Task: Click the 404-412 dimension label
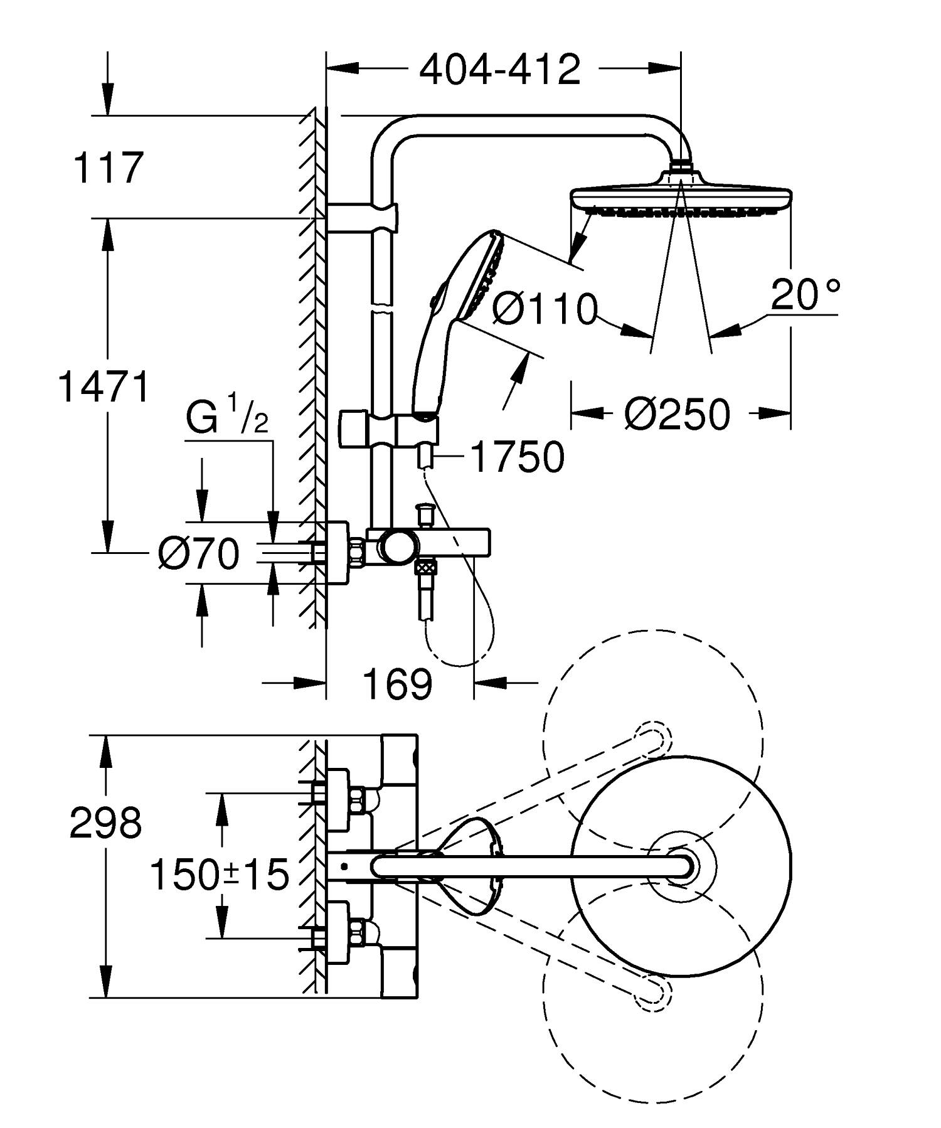[500, 70]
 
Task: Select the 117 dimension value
[109, 168]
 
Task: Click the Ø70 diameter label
[199, 554]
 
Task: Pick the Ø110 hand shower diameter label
[544, 309]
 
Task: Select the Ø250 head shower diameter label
[678, 414]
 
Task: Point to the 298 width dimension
[105, 823]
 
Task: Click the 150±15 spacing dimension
[220, 875]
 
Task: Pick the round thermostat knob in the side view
[398, 546]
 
